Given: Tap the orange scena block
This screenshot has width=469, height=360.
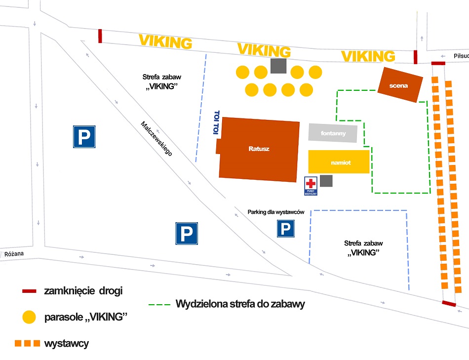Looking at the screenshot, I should tap(399, 85).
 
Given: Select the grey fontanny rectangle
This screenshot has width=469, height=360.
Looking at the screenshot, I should tap(333, 133).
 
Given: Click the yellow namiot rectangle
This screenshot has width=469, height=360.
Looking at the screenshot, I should tap(339, 162).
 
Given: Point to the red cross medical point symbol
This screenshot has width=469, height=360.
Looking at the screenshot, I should tap(311, 183).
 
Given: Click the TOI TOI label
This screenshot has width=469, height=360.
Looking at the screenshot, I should tap(215, 122).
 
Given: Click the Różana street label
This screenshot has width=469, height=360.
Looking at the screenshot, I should tap(14, 254).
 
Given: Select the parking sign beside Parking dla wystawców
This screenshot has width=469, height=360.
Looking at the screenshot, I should tap(285, 229).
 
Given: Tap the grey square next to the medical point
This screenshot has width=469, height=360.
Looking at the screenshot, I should tap(326, 181).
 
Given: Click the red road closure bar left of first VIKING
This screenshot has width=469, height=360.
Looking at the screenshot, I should tap(100, 36).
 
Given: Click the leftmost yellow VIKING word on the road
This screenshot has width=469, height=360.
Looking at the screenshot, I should tap(165, 41).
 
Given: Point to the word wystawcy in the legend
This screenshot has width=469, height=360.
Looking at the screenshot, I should tap(66, 343).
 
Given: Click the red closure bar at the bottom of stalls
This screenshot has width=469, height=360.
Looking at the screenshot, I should tap(449, 303).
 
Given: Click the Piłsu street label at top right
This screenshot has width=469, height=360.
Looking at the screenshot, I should tap(461, 56).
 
